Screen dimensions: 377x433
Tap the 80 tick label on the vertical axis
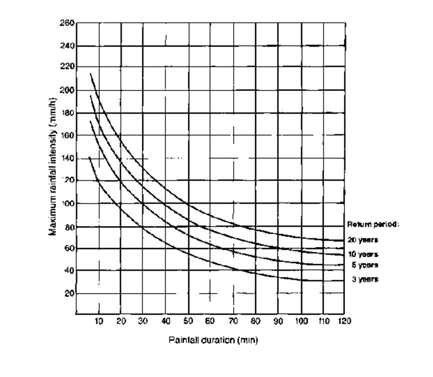point(69,226)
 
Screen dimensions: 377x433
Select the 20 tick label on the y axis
point(69,293)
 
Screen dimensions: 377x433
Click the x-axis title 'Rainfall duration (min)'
point(213,340)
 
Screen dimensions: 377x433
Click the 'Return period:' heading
point(373,224)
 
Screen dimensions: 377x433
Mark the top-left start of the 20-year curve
point(90,74)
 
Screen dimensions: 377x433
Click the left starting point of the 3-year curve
point(89,157)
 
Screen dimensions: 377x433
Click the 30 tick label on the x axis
point(143,321)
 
